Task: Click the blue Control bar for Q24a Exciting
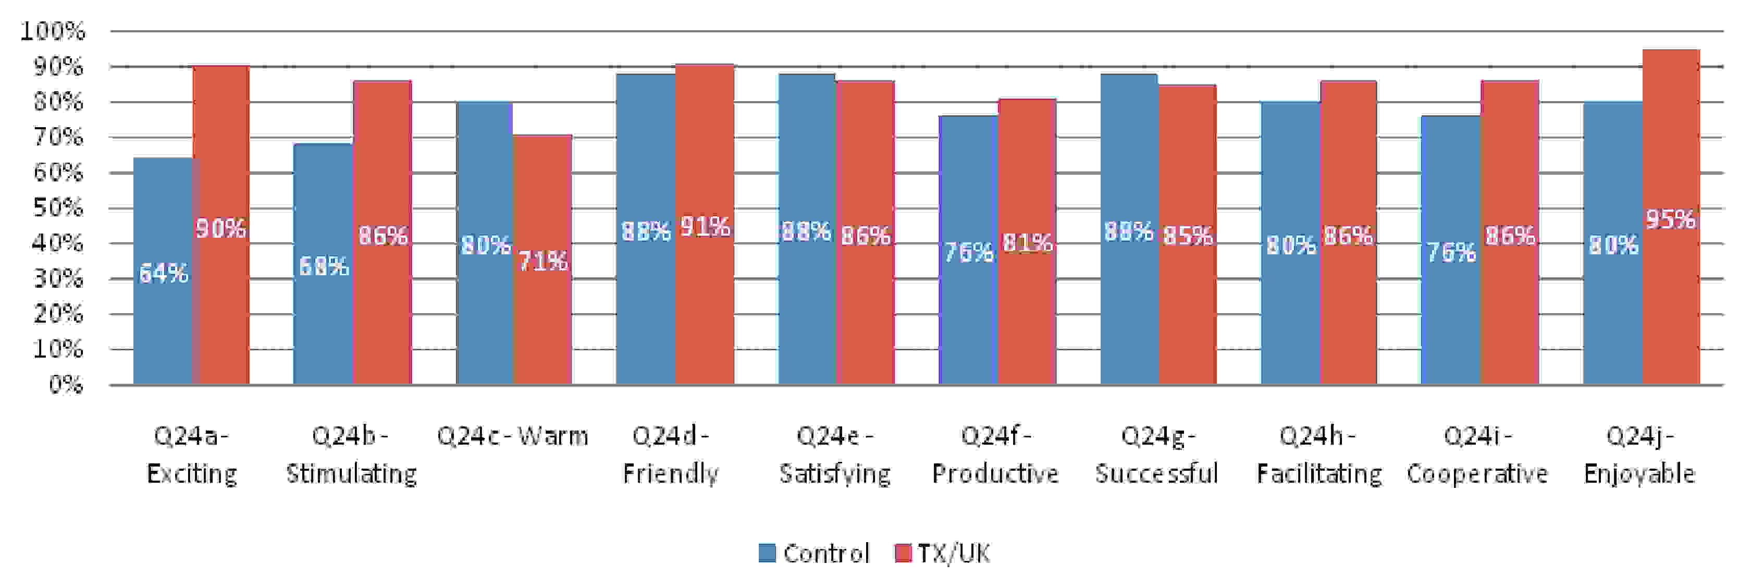click(x=163, y=271)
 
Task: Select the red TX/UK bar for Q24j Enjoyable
click(x=1671, y=217)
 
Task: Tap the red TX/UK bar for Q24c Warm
click(x=542, y=260)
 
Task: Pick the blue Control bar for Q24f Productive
click(x=968, y=250)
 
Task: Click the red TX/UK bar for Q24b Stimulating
click(x=382, y=232)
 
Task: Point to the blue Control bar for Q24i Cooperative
click(x=1450, y=250)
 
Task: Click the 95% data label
click(x=1671, y=219)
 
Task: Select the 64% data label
click(x=163, y=273)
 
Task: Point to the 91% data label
click(x=706, y=226)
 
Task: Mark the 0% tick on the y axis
click(x=66, y=385)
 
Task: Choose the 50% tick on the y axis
click(x=58, y=208)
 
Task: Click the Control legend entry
click(x=813, y=553)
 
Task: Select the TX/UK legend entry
click(x=943, y=553)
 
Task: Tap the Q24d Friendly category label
click(x=670, y=454)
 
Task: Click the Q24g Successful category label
click(x=1156, y=454)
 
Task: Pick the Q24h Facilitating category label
click(x=1318, y=454)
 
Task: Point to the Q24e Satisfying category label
click(x=835, y=454)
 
